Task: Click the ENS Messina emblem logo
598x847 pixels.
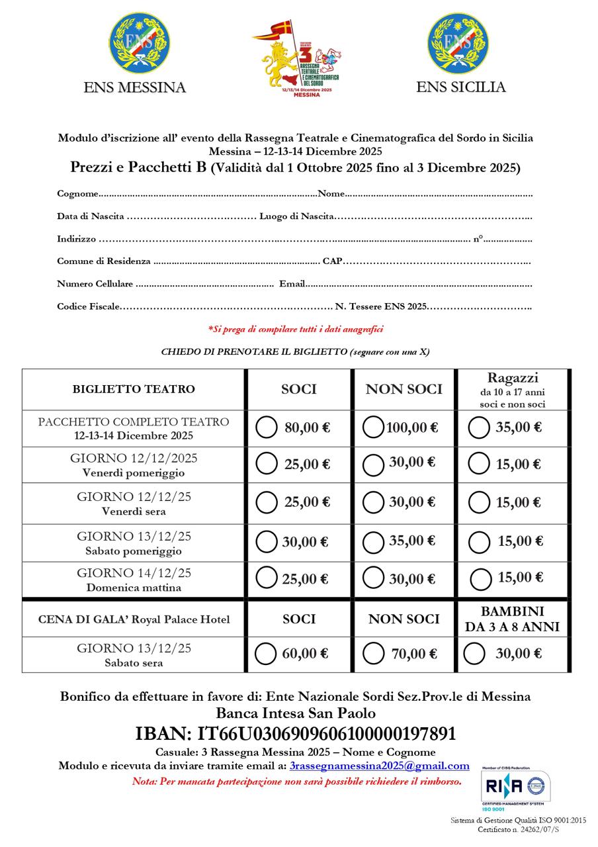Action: tap(139, 43)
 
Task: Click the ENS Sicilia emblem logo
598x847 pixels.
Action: tap(458, 43)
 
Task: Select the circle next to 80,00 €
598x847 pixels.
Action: tap(266, 427)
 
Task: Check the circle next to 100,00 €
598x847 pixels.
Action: tap(374, 427)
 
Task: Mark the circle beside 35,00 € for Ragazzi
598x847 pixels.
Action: tap(478, 427)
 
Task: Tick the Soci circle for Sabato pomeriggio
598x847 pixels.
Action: tap(266, 542)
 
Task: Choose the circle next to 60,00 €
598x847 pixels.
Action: tap(265, 654)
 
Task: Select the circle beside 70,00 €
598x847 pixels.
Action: tap(374, 654)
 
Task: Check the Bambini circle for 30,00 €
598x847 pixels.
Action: tap(474, 654)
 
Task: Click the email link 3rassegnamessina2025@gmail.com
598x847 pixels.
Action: tap(379, 766)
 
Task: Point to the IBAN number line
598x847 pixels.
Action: tap(295, 734)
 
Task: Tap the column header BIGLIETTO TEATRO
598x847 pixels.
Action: tap(134, 389)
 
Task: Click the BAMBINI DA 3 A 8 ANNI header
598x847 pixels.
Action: tap(513, 619)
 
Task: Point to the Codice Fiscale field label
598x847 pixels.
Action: tap(89, 306)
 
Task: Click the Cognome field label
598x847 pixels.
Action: tap(78, 194)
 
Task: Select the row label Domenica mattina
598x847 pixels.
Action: tap(134, 587)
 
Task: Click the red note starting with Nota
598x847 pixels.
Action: tap(297, 781)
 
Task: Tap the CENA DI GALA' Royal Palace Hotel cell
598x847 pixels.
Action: tap(134, 619)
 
